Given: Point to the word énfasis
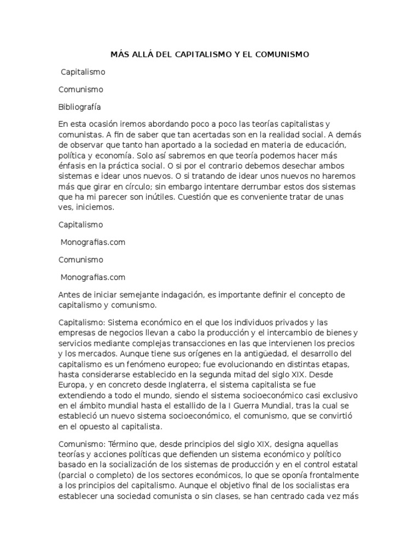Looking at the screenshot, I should tap(73, 165).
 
